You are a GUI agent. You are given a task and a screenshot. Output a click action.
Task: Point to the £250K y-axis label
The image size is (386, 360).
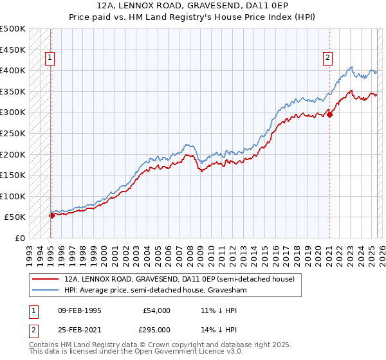[x=12, y=133]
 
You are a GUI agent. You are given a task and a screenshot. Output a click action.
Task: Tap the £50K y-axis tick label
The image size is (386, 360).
[x=15, y=217]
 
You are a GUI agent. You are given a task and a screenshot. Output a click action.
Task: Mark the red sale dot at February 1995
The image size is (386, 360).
[x=51, y=215]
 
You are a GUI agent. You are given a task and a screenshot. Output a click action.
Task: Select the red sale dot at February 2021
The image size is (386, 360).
[x=329, y=114]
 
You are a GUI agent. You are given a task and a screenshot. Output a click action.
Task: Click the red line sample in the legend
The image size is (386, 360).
[x=46, y=280]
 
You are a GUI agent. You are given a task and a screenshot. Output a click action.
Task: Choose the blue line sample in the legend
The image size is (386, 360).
[x=46, y=291]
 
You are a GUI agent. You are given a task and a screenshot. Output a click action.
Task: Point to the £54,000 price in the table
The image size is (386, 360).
[x=157, y=310]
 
